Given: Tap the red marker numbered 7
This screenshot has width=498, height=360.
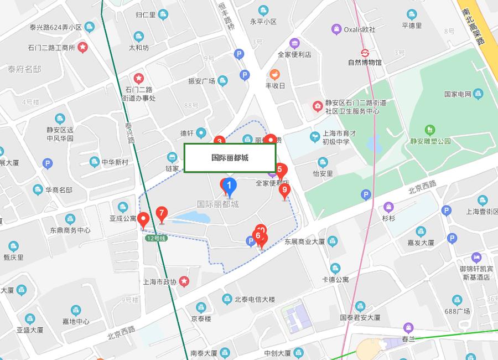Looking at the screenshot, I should (x=161, y=213).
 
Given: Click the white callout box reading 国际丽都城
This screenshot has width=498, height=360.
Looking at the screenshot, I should (x=230, y=158).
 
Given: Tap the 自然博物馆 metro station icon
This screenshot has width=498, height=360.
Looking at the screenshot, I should (x=365, y=53).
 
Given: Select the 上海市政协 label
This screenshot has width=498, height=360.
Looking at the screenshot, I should (x=159, y=282).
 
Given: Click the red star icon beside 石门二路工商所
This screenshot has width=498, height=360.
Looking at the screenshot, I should (x=82, y=48).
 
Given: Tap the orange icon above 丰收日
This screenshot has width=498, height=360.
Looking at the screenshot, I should (x=275, y=74).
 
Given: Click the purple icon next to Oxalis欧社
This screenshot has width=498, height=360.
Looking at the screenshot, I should (x=336, y=29).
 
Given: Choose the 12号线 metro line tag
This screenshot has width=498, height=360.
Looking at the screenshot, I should (x=156, y=238).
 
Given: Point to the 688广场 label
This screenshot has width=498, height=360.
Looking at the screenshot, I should (x=456, y=311).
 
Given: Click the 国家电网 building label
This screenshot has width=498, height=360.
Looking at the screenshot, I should (x=457, y=94).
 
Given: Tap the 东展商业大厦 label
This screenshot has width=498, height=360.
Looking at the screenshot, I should (x=304, y=241).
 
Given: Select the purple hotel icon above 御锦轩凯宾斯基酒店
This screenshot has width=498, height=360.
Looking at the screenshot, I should (x=476, y=258).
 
